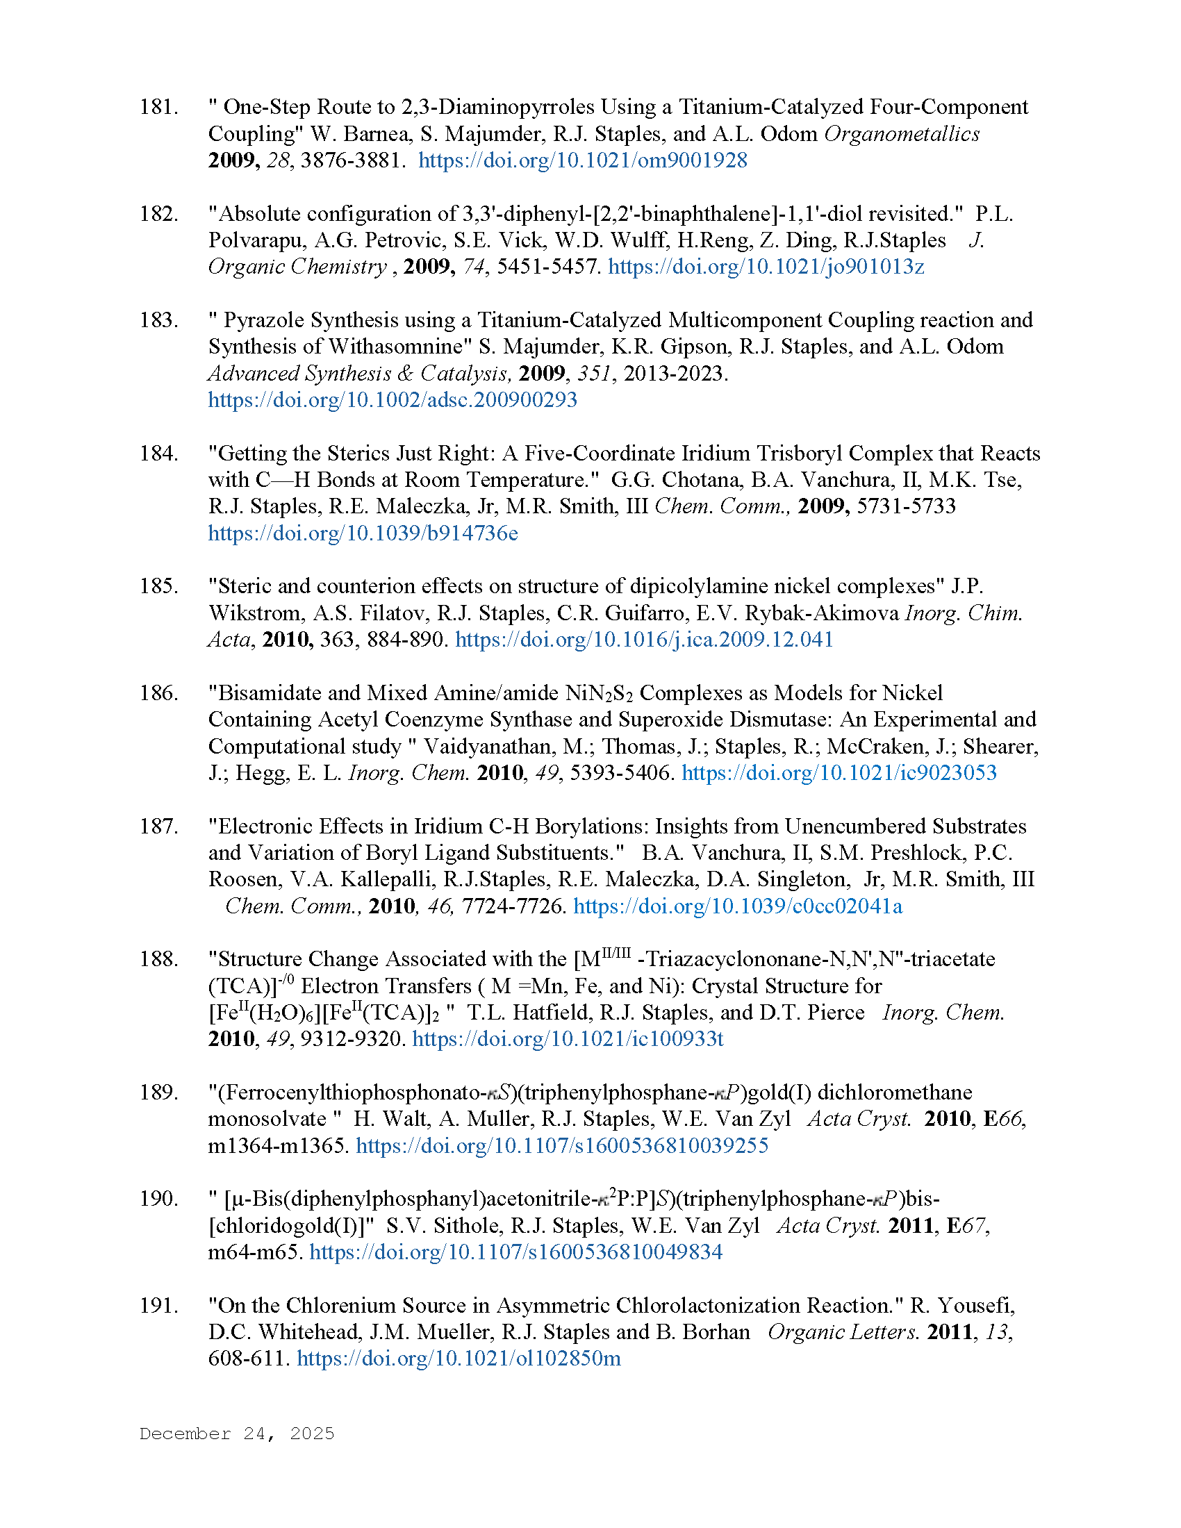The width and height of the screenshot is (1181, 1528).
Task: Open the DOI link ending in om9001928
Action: pos(583,160)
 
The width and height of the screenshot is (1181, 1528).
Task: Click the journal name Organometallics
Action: pos(901,133)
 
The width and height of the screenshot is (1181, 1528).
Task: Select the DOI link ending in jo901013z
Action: pos(766,267)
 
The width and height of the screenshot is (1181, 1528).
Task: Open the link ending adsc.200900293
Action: pos(393,400)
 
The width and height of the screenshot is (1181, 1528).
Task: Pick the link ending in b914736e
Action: pos(363,533)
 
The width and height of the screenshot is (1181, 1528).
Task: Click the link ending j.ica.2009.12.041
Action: pos(645,640)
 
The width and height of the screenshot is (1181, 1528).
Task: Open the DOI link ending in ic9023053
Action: pos(839,773)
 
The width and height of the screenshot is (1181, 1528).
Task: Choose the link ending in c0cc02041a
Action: pos(737,906)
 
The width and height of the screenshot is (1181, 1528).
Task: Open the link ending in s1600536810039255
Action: pos(562,1146)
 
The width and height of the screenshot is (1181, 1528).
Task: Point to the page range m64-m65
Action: pos(256,1252)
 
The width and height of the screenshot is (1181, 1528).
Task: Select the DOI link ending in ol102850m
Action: pos(459,1359)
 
